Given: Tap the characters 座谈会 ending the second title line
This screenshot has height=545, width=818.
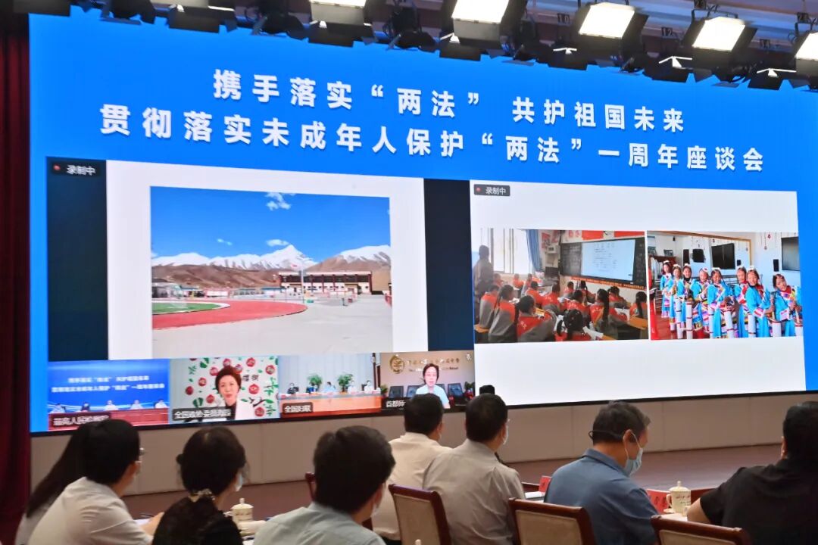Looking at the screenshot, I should pos(725,157).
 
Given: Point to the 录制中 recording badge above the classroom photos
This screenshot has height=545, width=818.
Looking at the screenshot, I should pos(492,190).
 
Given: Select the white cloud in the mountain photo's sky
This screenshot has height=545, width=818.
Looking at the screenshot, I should pos(277,201).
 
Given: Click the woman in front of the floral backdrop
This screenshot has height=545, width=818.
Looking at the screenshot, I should pos(229,389).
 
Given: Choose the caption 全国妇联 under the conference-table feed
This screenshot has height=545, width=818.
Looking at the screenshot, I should pos(298,408).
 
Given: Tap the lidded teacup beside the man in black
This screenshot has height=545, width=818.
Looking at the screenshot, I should pos(678,497).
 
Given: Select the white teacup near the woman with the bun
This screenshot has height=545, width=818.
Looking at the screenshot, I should pos(242,512).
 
